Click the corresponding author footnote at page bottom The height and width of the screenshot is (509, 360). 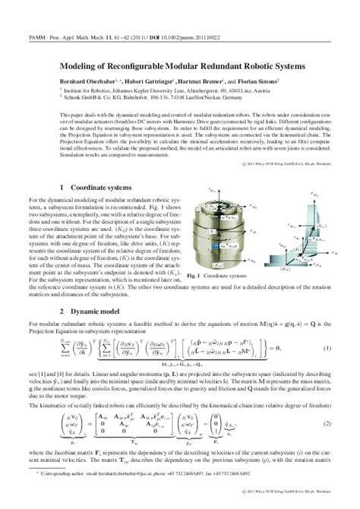pyautogui.click(x=137, y=492)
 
